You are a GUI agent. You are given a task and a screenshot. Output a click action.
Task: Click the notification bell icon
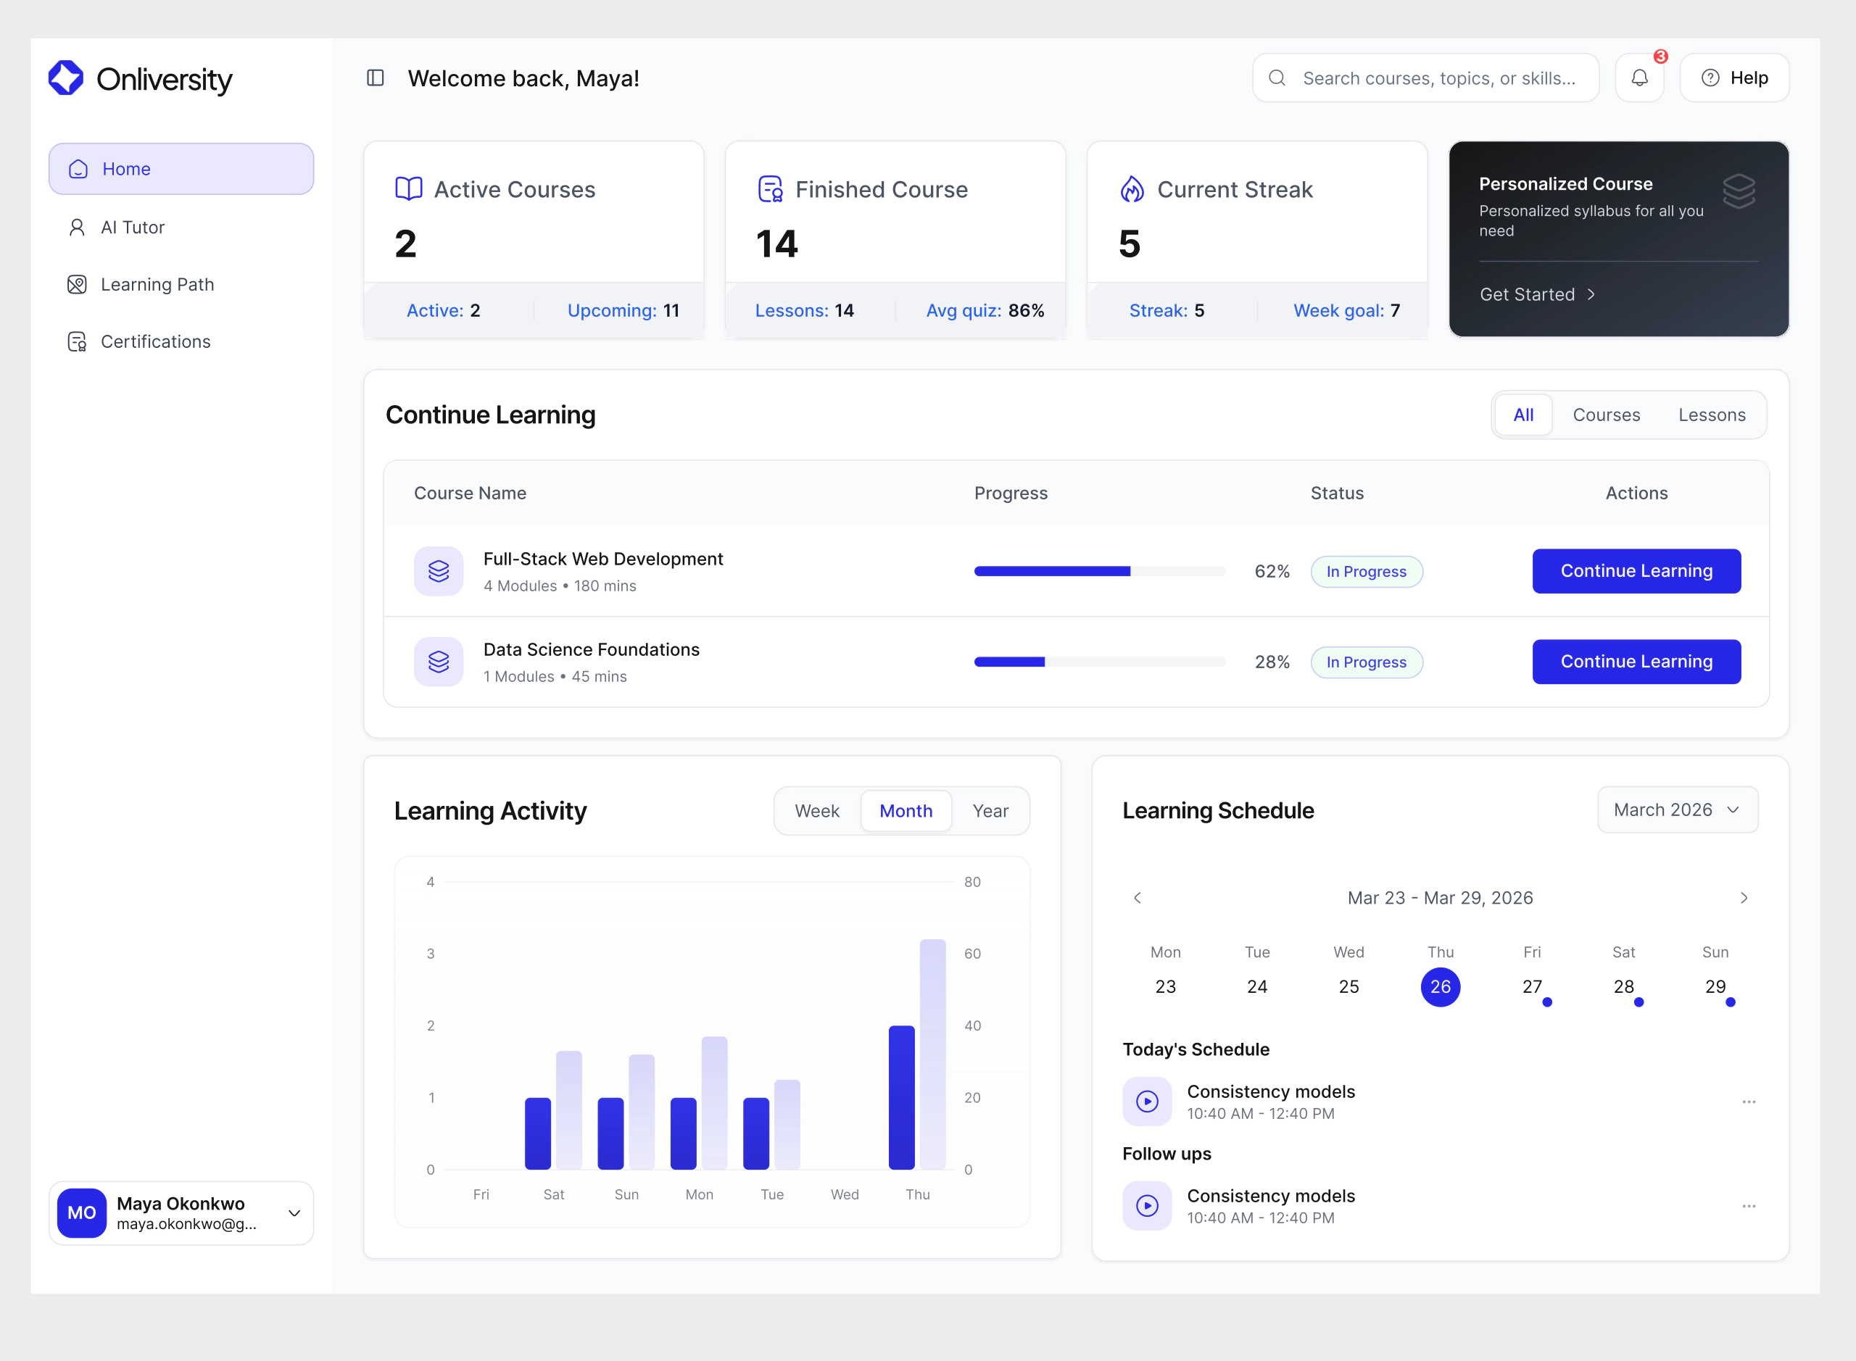coord(1639,78)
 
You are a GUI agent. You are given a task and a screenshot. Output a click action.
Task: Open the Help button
coord(1734,78)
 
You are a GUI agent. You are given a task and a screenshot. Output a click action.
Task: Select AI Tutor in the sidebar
coord(132,228)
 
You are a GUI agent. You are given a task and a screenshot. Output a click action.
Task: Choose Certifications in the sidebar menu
coord(155,342)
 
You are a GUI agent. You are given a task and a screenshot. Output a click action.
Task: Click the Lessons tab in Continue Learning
coord(1711,415)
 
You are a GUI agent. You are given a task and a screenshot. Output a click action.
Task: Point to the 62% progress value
coord(1272,572)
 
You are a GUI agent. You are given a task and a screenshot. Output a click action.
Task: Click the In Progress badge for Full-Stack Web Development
coord(1366,572)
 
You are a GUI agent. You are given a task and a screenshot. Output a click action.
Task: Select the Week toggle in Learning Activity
coord(817,812)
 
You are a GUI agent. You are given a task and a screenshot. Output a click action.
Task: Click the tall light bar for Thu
coord(932,1054)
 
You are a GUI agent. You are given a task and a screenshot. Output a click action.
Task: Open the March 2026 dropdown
coord(1676,809)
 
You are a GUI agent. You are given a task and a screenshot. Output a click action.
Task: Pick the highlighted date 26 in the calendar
coord(1440,987)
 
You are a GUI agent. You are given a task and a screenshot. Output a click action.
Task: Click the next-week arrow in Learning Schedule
coord(1743,898)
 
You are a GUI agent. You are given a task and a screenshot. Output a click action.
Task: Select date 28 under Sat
coord(1623,987)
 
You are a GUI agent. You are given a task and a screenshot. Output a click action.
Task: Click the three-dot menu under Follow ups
coord(1748,1206)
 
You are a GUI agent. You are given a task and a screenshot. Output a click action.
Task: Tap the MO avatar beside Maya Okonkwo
coord(82,1212)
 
